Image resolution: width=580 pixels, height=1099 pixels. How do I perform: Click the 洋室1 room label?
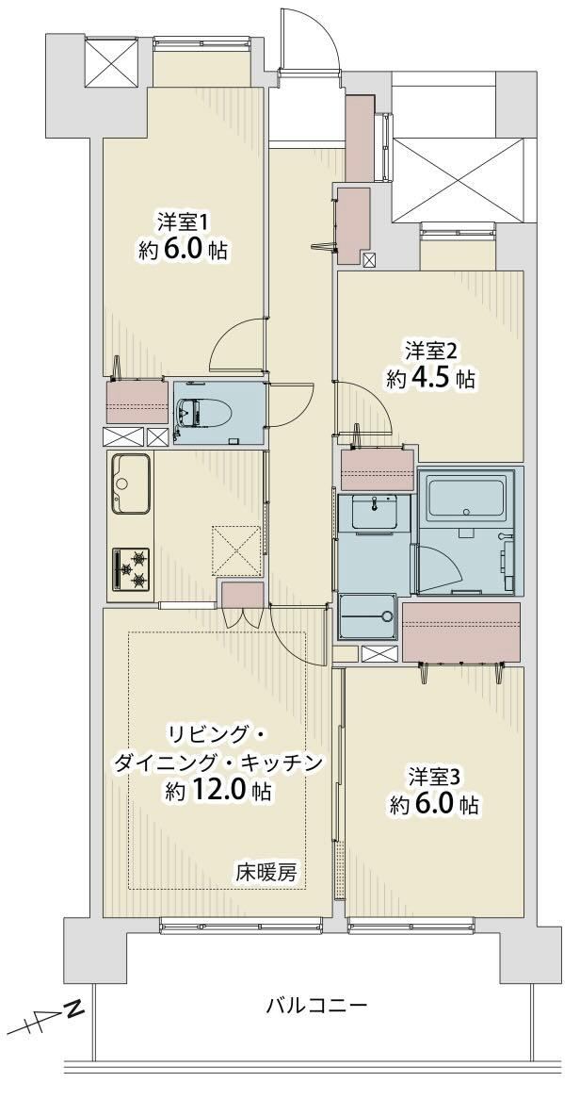click(x=183, y=223)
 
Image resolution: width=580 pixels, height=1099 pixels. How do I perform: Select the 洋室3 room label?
click(x=434, y=778)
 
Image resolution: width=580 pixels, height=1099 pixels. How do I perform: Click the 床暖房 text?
click(x=266, y=874)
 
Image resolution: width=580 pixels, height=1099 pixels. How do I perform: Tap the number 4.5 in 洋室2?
click(x=427, y=379)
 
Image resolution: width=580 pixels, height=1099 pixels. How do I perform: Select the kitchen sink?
click(x=129, y=484)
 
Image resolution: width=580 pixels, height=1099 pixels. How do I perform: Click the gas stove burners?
click(x=131, y=568)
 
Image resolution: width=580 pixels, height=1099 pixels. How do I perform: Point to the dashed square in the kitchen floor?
click(x=237, y=550)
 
